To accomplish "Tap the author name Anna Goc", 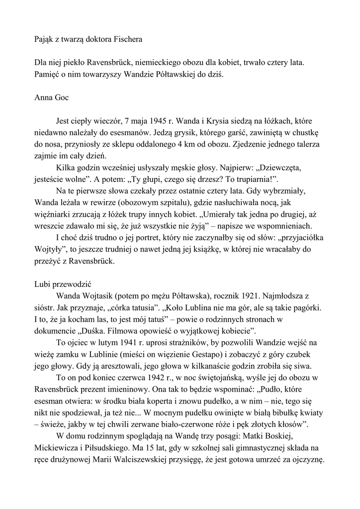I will point(52,97).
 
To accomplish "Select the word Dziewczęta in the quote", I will point(277,167).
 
